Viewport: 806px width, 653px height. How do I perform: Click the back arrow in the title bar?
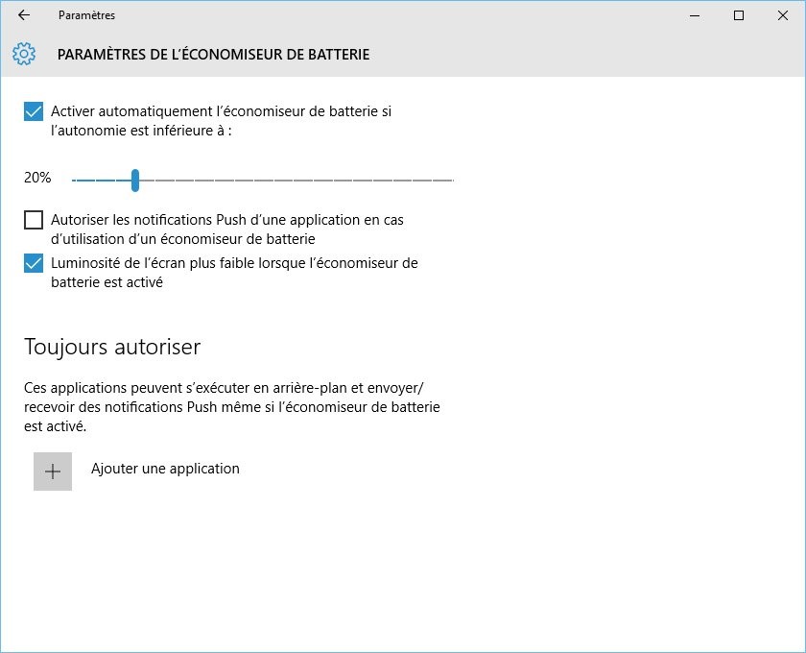pyautogui.click(x=24, y=15)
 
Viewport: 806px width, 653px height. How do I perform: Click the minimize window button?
pyautogui.click(x=694, y=15)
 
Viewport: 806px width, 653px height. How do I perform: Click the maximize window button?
pyautogui.click(x=738, y=15)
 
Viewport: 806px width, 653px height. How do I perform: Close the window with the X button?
pyautogui.click(x=782, y=15)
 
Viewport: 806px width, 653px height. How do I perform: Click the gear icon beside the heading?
pyautogui.click(x=24, y=55)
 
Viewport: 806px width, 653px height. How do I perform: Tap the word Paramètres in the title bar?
pyautogui.click(x=86, y=15)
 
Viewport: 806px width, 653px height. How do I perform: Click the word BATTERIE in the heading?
pyautogui.click(x=338, y=55)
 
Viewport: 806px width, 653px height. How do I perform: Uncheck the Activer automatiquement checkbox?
pyautogui.click(x=34, y=111)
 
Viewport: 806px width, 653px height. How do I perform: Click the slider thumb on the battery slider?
pyautogui.click(x=135, y=180)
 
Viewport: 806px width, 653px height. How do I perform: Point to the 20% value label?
pyautogui.click(x=37, y=179)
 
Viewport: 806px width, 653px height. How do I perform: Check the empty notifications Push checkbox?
pyautogui.click(x=34, y=220)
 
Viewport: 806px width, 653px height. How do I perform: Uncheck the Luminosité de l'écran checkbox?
pyautogui.click(x=34, y=263)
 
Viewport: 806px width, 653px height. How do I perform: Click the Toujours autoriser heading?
pyautogui.click(x=111, y=347)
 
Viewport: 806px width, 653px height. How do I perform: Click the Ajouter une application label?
pyautogui.click(x=165, y=469)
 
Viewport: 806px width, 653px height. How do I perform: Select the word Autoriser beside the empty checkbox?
pyautogui.click(x=81, y=220)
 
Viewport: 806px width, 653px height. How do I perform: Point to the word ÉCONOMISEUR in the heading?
pyautogui.click(x=240, y=55)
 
